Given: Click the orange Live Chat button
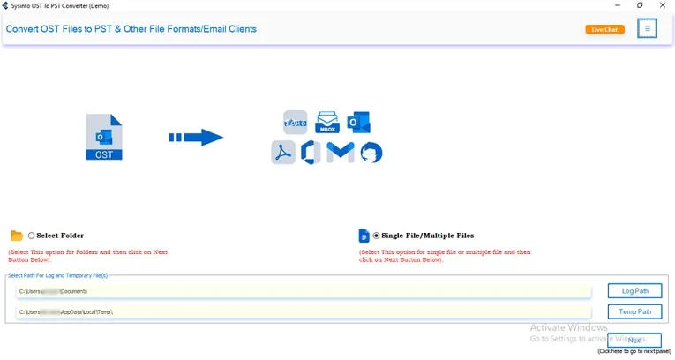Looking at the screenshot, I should point(604,29).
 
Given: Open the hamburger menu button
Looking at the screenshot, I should point(648,29).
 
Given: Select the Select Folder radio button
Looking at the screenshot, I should point(32,236).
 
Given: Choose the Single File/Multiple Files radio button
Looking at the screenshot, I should point(377,236).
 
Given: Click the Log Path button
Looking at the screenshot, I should point(634,291).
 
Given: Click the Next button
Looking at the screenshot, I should point(634,340).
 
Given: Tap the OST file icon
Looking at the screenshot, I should point(104,138).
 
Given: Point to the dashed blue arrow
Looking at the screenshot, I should point(196,138).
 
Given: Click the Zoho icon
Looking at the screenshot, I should point(295,122).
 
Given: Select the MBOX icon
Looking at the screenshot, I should point(327,122).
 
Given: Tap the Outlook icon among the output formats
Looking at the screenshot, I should point(358,122).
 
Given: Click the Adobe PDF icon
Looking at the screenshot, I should point(282,153).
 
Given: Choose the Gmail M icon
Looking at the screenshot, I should point(341,153).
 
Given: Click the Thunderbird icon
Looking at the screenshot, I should point(371,153).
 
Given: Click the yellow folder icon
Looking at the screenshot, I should point(16,236).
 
